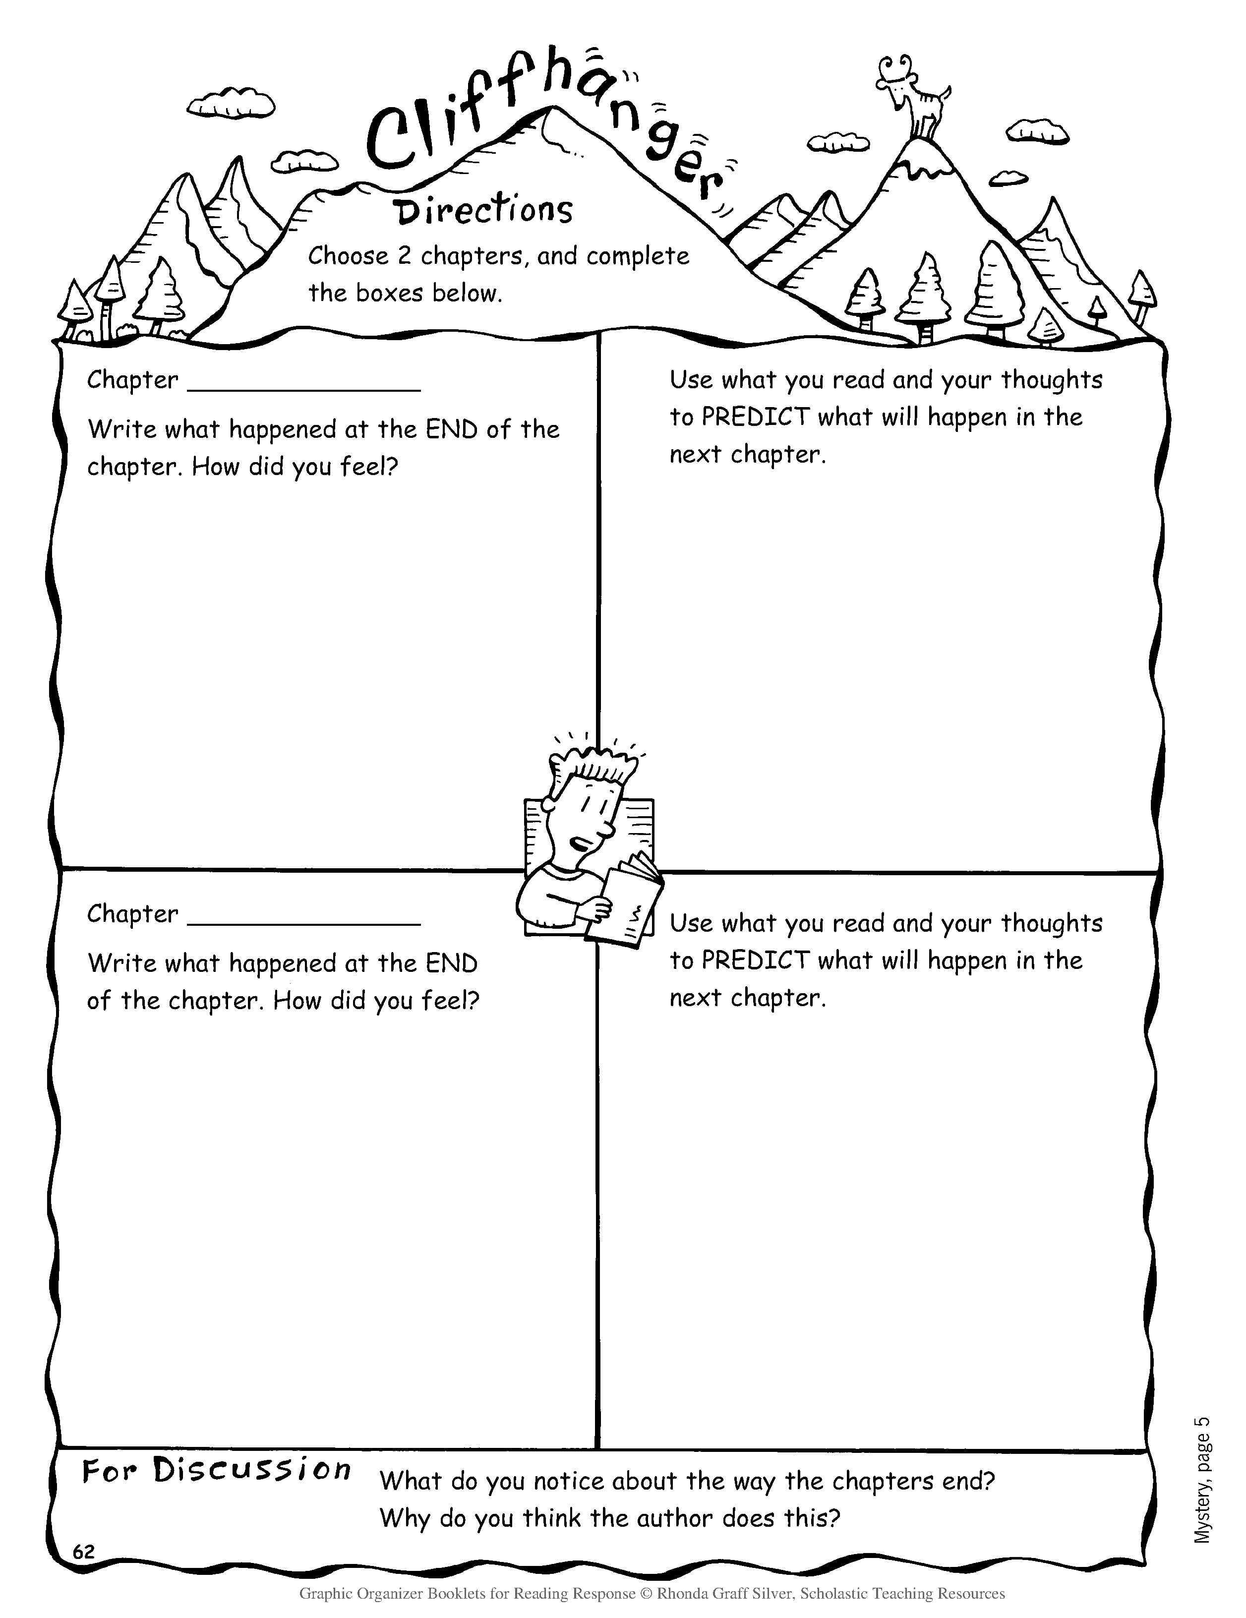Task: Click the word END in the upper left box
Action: [x=451, y=429]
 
